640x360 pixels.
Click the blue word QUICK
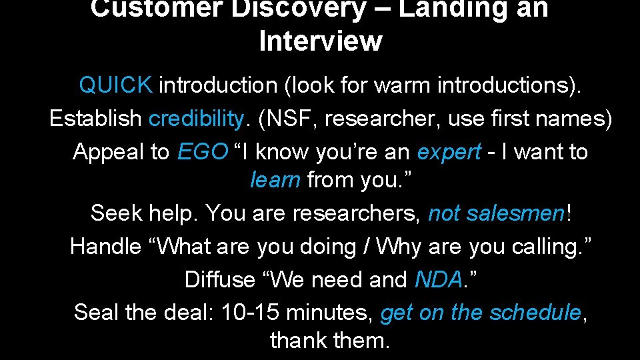click(115, 85)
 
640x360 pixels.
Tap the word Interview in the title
click(320, 41)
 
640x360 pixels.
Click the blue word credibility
click(197, 119)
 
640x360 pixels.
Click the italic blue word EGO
click(203, 152)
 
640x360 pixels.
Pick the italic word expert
click(448, 152)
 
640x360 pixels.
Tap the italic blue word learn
click(275, 180)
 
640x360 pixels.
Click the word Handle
click(105, 247)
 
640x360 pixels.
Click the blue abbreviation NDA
click(437, 279)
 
